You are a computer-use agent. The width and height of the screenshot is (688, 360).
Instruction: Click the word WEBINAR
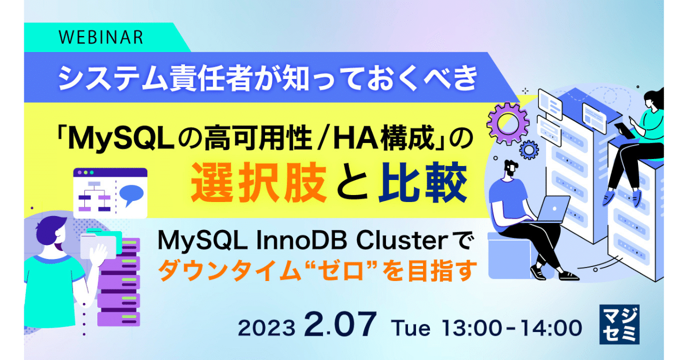[101, 37]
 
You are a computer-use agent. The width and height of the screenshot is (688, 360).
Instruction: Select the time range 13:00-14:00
[511, 328]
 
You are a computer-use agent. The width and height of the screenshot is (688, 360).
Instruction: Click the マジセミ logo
[620, 324]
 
